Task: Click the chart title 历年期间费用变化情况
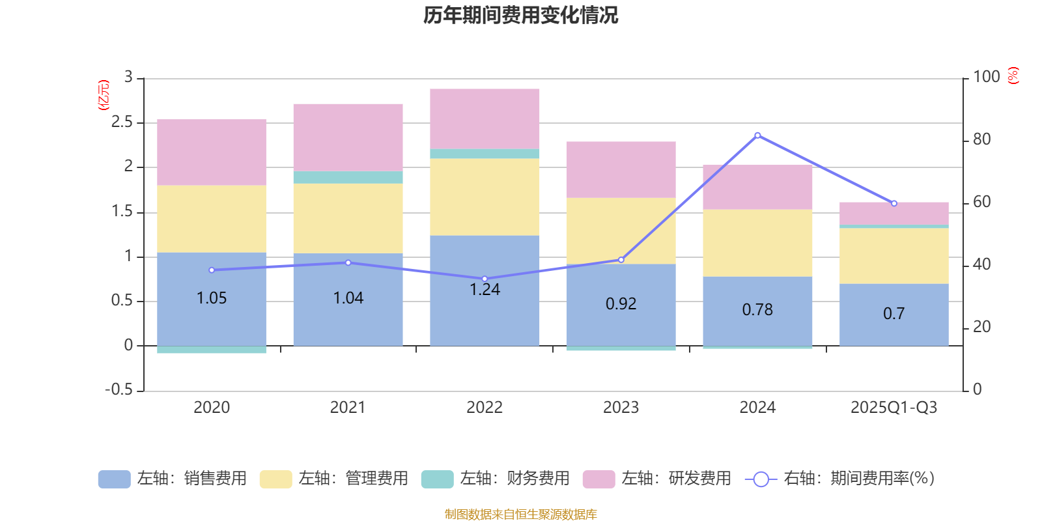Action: pyautogui.click(x=520, y=15)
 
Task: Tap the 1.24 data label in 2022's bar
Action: pyautogui.click(x=485, y=290)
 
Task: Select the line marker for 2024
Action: pyautogui.click(x=757, y=135)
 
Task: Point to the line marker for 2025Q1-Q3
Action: pyautogui.click(x=894, y=203)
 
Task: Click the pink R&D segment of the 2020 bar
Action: pyautogui.click(x=212, y=152)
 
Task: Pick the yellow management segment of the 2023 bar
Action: pyautogui.click(x=621, y=231)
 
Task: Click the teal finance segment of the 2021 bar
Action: pyautogui.click(x=348, y=177)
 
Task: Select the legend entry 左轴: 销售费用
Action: pyautogui.click(x=173, y=479)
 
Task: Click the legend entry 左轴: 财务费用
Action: pyautogui.click(x=496, y=479)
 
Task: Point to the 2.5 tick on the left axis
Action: pyautogui.click(x=122, y=122)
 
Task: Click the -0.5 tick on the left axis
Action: pyautogui.click(x=119, y=389)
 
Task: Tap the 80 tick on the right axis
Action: pyautogui.click(x=981, y=139)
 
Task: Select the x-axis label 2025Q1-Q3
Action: pyautogui.click(x=894, y=408)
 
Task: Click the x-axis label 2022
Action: pyautogui.click(x=485, y=408)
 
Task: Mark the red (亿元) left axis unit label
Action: pyautogui.click(x=104, y=95)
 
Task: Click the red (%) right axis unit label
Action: pyautogui.click(x=1013, y=76)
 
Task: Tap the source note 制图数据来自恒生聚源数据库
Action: pyautogui.click(x=520, y=514)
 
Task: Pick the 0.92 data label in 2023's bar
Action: pyautogui.click(x=621, y=304)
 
